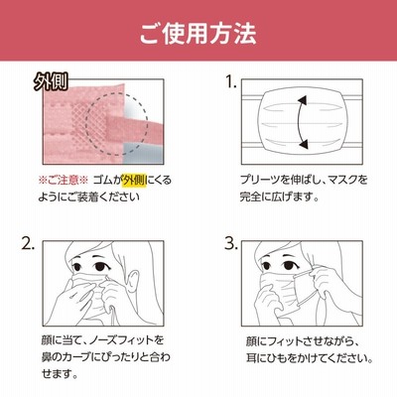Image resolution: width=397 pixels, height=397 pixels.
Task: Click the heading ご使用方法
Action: [198, 34]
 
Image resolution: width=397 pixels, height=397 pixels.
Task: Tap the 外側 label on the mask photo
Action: [51, 82]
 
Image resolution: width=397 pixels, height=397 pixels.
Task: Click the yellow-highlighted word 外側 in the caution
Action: [134, 181]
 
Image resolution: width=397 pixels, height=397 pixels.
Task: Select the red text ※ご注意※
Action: [64, 181]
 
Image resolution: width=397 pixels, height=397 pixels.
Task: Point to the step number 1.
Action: [231, 82]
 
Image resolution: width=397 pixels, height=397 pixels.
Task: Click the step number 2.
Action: [28, 244]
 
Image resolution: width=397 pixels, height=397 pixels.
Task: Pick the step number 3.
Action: [231, 244]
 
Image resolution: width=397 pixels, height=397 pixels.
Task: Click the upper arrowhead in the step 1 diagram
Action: [303, 100]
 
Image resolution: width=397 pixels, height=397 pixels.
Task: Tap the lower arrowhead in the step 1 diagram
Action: [303, 144]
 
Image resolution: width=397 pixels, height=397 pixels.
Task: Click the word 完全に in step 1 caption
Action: [257, 198]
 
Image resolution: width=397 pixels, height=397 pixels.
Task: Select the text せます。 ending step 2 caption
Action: [60, 374]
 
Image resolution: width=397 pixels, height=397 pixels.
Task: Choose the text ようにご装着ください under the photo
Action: [89, 198]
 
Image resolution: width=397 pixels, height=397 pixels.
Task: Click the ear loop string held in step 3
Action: [306, 288]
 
